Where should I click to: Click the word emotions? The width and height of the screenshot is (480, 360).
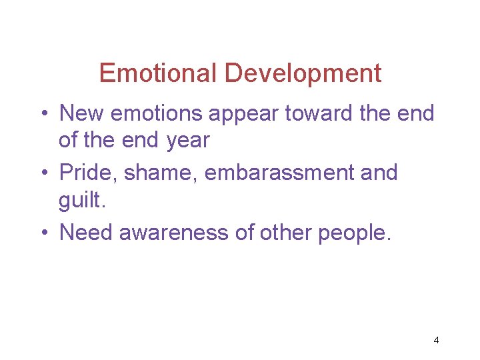(157, 113)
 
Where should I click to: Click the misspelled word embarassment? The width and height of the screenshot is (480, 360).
(280, 173)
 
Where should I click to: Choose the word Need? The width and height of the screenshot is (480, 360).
(85, 232)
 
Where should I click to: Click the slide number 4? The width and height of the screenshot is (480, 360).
(436, 340)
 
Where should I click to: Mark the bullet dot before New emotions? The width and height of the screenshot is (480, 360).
(43, 114)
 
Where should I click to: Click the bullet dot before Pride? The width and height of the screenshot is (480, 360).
(43, 173)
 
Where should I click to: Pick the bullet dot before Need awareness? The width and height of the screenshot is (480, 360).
(43, 233)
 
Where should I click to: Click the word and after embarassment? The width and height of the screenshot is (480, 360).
(379, 173)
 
